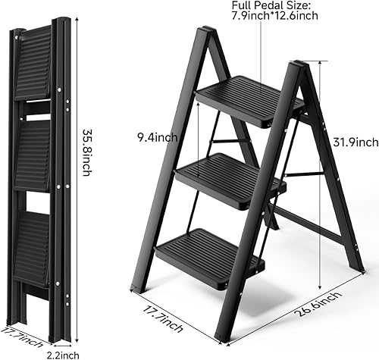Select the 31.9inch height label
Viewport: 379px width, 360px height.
[355, 142]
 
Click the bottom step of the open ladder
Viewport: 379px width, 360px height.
[211, 246]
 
